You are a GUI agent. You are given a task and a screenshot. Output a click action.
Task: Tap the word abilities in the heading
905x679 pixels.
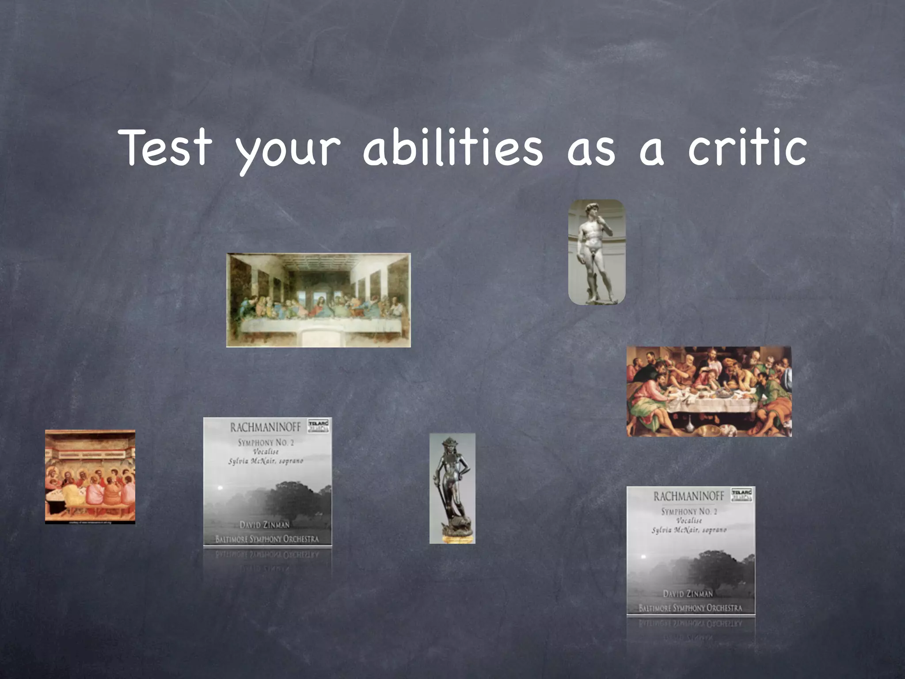(453, 148)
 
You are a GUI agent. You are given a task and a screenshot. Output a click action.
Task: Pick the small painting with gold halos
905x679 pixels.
(90, 477)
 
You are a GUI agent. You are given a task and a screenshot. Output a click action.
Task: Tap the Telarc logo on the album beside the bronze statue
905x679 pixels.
(319, 425)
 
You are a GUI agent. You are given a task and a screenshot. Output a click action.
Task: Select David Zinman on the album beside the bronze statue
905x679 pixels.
(264, 525)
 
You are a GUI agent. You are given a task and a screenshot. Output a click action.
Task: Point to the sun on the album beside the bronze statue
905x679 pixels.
(220, 488)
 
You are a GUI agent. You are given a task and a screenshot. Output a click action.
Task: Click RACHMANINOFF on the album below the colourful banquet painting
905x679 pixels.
(689, 496)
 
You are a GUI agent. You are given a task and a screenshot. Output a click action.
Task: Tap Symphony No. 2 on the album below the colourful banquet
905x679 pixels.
(689, 511)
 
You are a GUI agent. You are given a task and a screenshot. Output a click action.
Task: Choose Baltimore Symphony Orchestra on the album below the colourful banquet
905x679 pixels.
(690, 608)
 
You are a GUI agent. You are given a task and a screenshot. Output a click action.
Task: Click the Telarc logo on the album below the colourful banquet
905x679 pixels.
(742, 494)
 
